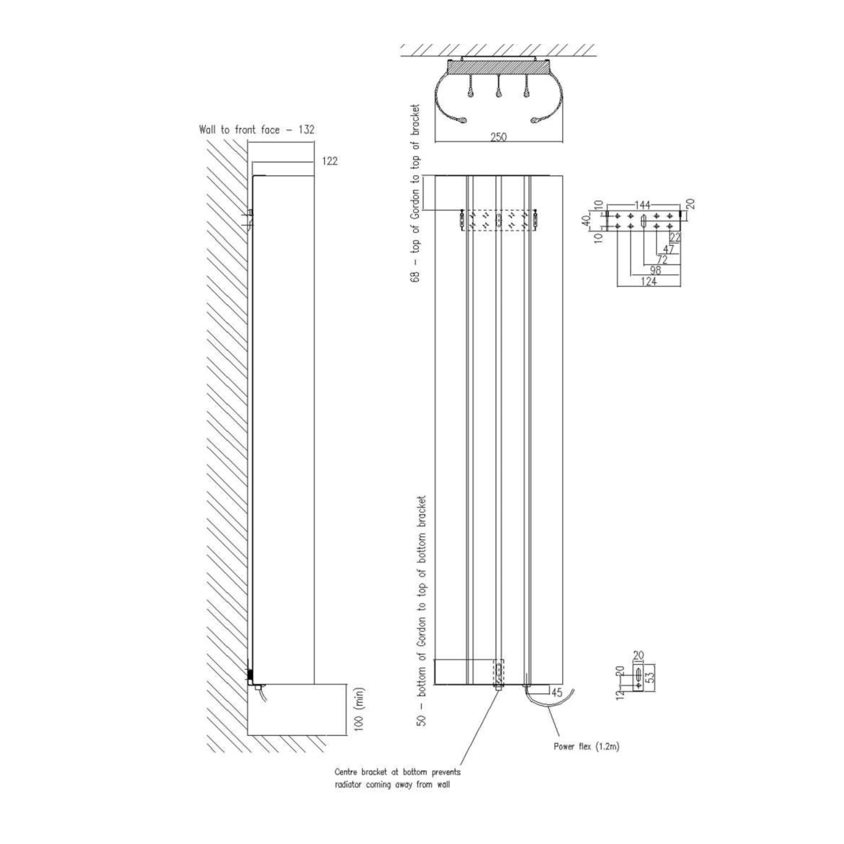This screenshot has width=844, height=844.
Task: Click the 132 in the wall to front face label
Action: (x=306, y=130)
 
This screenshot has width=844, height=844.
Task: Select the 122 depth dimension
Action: (x=330, y=161)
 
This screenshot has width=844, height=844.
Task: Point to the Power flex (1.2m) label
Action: (x=587, y=747)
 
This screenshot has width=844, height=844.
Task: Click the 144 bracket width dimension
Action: (x=642, y=204)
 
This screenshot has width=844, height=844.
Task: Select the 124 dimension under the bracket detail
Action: (x=649, y=282)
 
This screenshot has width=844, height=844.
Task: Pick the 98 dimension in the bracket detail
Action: (x=655, y=271)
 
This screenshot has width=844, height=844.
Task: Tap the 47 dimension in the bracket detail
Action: (x=668, y=249)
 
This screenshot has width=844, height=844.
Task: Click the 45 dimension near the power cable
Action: (x=556, y=692)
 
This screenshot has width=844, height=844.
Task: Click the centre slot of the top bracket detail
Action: (x=643, y=220)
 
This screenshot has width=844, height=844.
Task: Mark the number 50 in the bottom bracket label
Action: (x=422, y=720)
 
